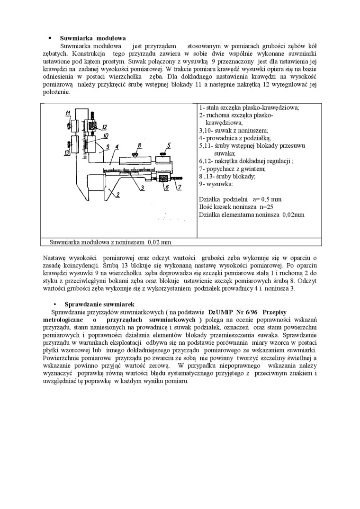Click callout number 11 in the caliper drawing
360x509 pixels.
pyautogui.click(x=68, y=112)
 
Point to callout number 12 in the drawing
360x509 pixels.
pyautogui.click(x=104, y=127)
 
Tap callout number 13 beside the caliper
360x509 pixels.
pyautogui.click(x=67, y=152)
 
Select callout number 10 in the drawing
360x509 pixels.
pyautogui.click(x=105, y=135)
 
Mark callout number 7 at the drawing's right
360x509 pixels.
pyautogui.click(x=180, y=188)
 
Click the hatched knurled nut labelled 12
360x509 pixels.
pyautogui.click(x=93, y=126)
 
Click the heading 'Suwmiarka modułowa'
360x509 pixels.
pyautogui.click(x=92, y=37)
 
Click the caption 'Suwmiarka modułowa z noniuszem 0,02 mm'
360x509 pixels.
pyautogui.click(x=111, y=242)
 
